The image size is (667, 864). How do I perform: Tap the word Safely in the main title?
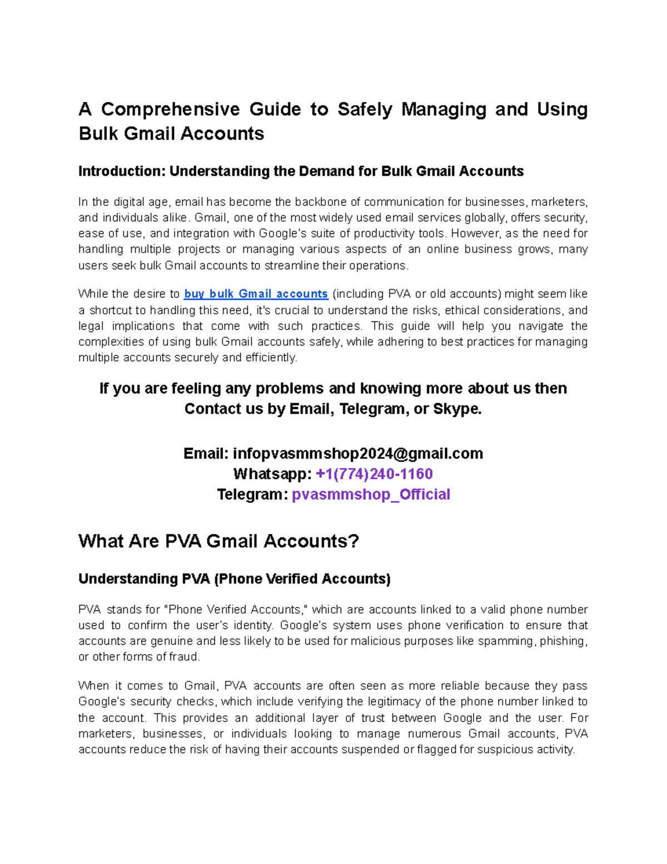364,109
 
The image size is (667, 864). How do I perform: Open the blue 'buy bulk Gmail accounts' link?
256,294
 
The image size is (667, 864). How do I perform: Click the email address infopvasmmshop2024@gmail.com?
357,454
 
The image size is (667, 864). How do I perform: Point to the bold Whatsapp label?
272,474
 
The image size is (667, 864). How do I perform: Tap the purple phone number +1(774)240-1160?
374,474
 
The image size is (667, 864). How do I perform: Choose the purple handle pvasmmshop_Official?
371,495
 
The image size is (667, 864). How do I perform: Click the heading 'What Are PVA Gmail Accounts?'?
218,541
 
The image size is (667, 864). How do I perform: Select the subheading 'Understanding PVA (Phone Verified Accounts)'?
234,579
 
